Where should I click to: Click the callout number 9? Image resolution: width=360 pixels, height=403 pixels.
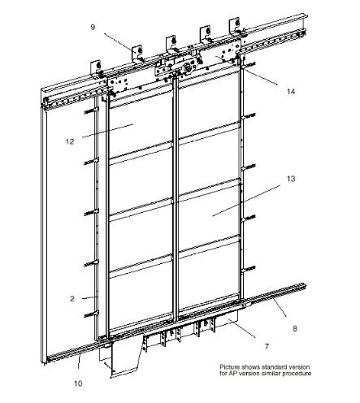93,27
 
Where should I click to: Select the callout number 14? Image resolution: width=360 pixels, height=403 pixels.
291,92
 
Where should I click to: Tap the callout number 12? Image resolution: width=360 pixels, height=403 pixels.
70,141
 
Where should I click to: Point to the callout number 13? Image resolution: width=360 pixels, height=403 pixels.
291,179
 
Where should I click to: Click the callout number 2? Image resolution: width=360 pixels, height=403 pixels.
72,298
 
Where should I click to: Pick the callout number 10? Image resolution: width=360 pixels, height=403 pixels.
78,383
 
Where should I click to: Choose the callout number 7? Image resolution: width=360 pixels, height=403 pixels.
267,346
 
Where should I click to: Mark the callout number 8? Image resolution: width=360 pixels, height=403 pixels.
295,328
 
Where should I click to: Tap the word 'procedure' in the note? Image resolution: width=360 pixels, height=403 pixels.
297,374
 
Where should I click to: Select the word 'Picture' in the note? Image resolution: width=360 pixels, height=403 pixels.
230,367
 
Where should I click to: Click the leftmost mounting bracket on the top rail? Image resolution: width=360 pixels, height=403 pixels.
96,67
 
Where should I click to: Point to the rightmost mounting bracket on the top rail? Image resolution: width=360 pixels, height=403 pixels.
235,26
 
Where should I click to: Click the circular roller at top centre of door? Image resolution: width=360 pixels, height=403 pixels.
187,67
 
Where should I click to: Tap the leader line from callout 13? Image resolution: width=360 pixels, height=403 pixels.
246,201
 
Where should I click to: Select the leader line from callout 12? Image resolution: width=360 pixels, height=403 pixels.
107,131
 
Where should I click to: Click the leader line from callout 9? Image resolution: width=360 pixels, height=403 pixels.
120,41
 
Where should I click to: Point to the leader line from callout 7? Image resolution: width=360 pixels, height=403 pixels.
241,328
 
